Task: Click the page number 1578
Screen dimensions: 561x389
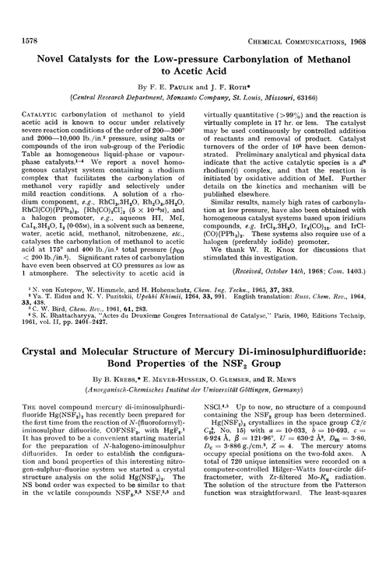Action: (x=24, y=9)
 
